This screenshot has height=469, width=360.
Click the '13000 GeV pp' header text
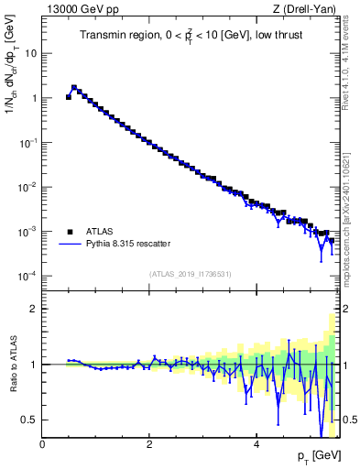coord(81,10)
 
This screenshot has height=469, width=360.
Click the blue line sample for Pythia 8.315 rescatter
coord(70,244)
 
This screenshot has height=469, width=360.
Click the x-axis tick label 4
coord(256,444)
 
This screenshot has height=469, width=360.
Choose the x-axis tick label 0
coord(42,444)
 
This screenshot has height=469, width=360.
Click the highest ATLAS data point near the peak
coord(74,88)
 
